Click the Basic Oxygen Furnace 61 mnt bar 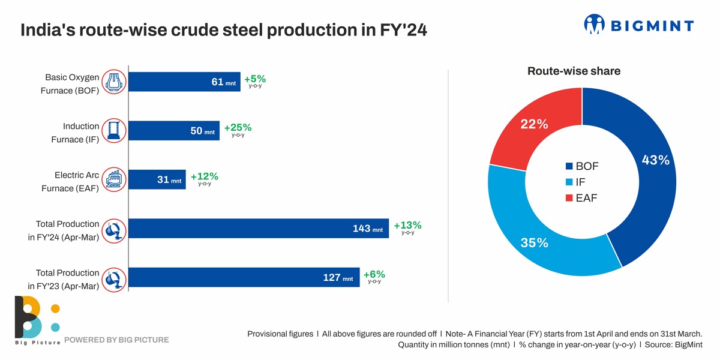tap(184, 82)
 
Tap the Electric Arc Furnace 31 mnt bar tap(157, 180)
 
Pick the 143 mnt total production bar tap(259, 229)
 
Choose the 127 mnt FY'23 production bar tap(244, 277)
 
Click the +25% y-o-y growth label tap(238, 128)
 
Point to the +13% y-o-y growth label tap(407, 226)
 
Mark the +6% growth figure tap(374, 275)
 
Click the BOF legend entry tap(581, 166)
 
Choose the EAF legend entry tap(581, 198)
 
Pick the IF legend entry tap(576, 182)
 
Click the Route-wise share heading tap(574, 71)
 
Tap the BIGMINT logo tap(638, 25)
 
